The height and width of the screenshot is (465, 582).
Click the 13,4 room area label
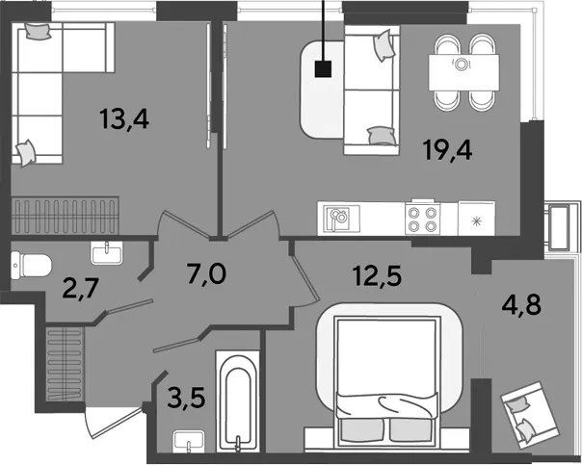(124, 119)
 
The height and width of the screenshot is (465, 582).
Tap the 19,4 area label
(448, 150)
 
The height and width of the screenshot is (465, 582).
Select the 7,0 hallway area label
(207, 274)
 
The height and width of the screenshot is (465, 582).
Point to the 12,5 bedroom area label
(378, 276)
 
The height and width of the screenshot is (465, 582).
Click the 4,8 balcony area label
(522, 305)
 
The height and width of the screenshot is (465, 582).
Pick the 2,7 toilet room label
(80, 288)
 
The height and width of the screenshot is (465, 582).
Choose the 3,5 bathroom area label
(186, 398)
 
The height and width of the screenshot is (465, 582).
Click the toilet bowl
(31, 265)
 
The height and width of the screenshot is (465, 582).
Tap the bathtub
(238, 401)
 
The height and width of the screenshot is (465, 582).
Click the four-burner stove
(422, 219)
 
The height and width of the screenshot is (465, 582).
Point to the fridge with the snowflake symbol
(477, 219)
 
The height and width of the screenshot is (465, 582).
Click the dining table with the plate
(463, 72)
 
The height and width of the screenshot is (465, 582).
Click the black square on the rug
(323, 69)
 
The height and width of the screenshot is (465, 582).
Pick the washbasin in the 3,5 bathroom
(189, 441)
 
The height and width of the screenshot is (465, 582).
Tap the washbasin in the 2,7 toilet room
(107, 252)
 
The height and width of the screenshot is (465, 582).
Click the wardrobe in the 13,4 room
(65, 216)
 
